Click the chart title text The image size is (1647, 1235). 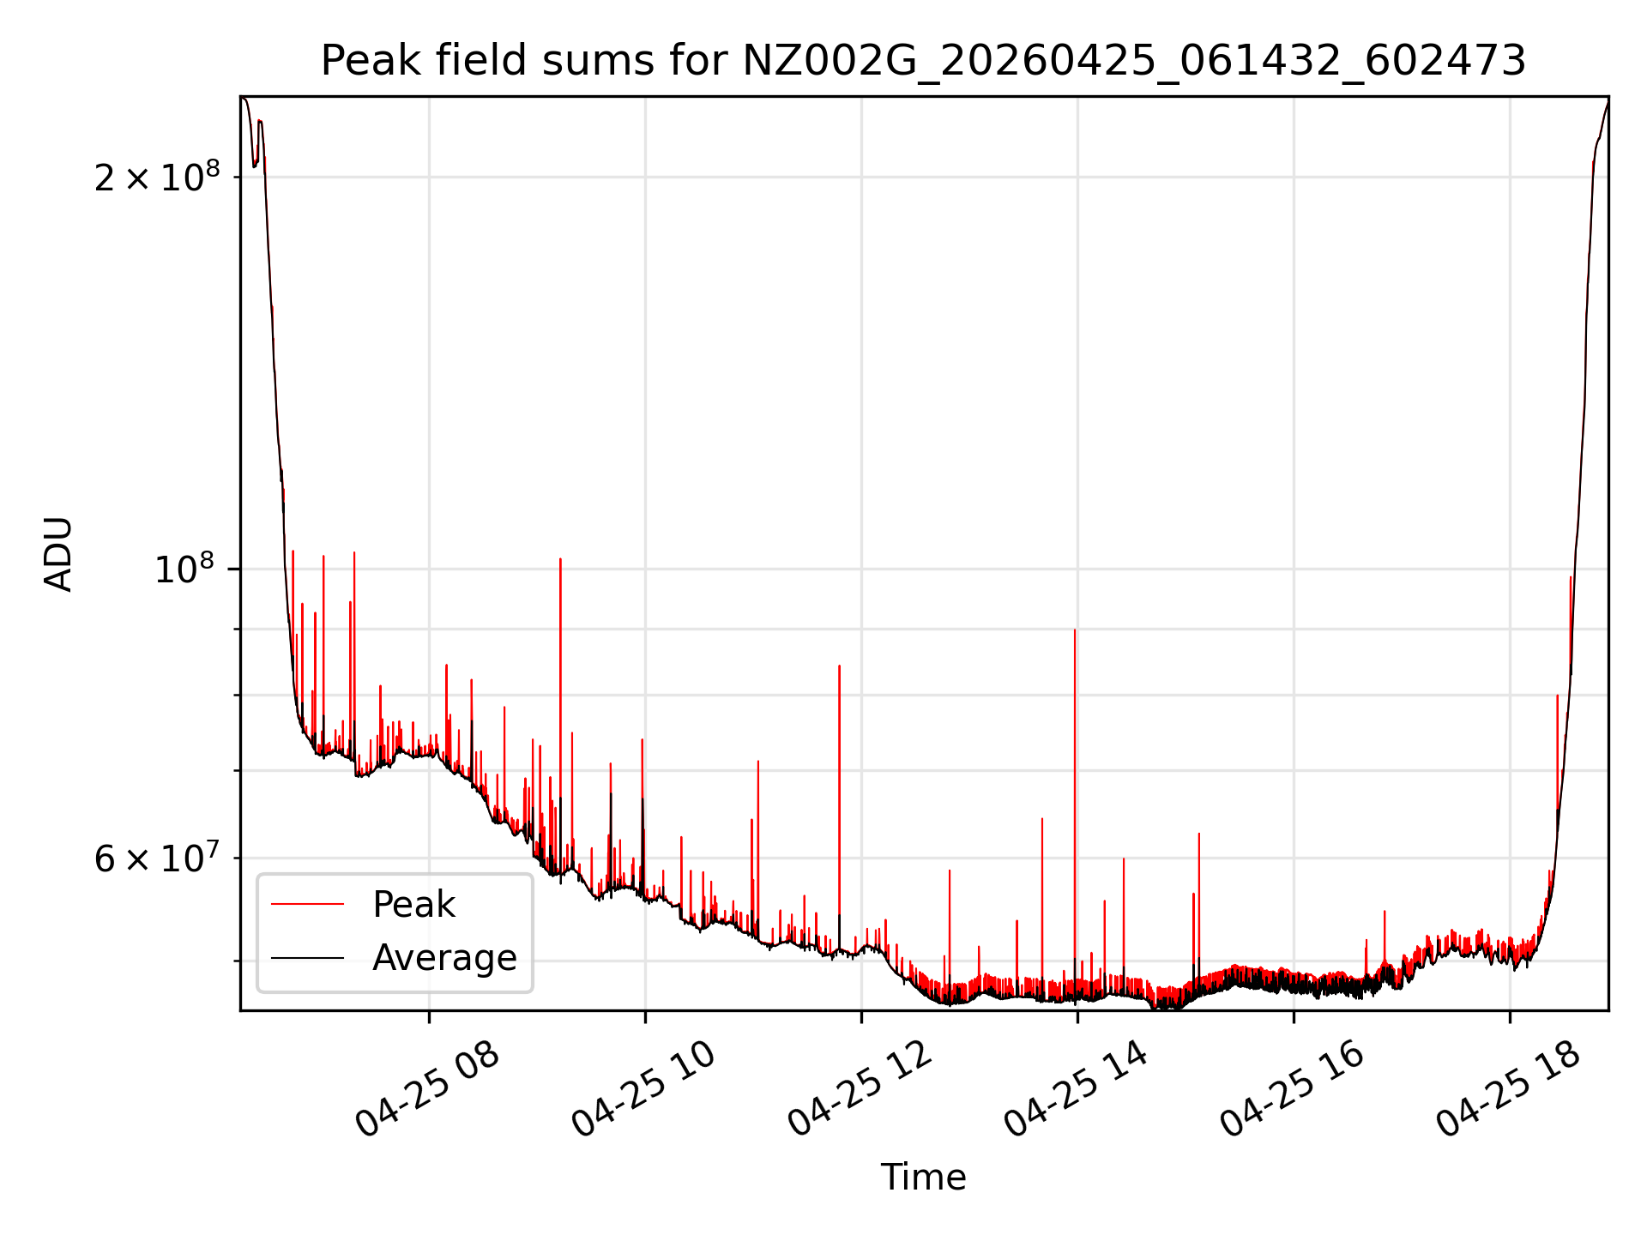(x=923, y=61)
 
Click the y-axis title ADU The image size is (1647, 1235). (x=58, y=554)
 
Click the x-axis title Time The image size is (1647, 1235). (x=923, y=1178)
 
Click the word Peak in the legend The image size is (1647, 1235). (x=413, y=904)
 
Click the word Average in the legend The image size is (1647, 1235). (x=444, y=957)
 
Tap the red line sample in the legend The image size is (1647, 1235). (x=307, y=904)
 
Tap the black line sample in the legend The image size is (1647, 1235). (x=307, y=957)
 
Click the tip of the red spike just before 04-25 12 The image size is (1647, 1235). (x=839, y=666)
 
